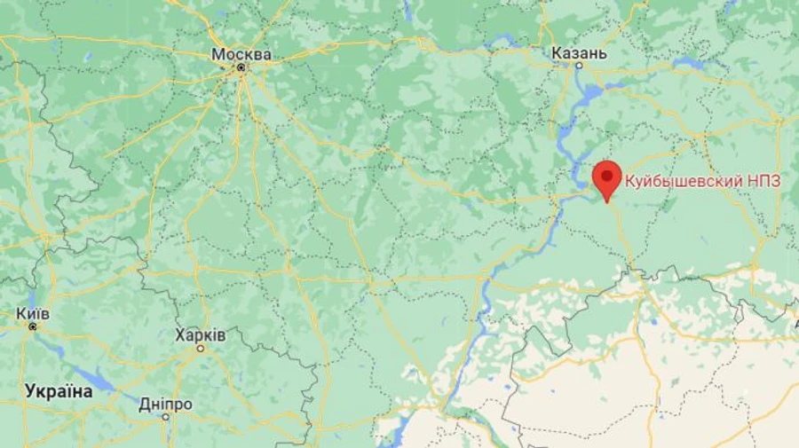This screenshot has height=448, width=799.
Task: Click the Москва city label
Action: tap(241, 54)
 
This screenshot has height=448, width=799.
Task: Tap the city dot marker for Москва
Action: tap(241, 67)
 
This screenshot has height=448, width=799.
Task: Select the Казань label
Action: tap(579, 54)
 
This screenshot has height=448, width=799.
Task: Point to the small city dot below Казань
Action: tap(579, 67)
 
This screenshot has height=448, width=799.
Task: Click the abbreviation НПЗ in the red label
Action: tap(763, 181)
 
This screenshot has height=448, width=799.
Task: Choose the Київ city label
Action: tap(32, 313)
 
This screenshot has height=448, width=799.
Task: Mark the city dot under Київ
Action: tap(32, 326)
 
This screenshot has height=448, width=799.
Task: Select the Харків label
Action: tap(201, 335)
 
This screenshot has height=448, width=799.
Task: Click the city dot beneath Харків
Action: tap(201, 349)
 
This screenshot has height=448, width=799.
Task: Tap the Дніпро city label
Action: tap(165, 404)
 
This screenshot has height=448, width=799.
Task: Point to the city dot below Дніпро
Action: tap(165, 417)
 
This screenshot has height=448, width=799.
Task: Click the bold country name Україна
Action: tap(59, 390)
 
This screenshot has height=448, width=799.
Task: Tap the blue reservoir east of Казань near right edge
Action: tap(688, 63)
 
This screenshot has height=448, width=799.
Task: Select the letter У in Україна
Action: tap(30, 390)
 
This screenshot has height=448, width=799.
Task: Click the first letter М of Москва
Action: tap(218, 54)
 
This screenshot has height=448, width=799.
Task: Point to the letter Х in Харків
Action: tap(180, 335)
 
